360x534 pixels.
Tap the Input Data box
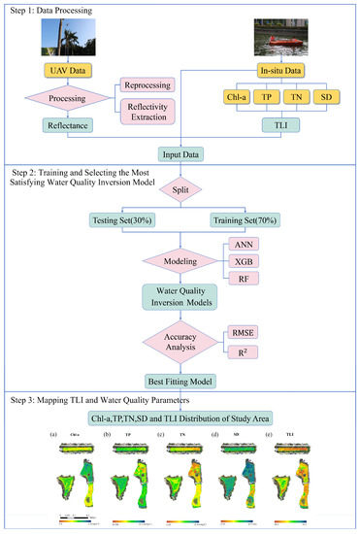pos(180,151)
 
